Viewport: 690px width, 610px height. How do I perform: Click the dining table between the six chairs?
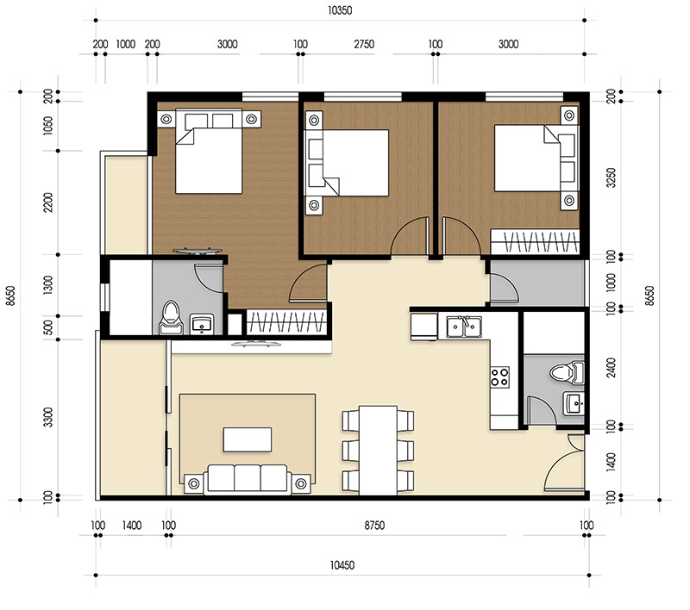click(378, 450)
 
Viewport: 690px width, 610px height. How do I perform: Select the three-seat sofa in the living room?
click(248, 478)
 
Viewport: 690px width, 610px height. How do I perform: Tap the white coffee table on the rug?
click(248, 439)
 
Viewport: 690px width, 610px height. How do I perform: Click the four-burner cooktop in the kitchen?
click(500, 377)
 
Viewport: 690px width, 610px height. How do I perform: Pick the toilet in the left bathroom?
click(170, 317)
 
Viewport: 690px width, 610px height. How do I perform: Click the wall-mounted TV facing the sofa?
click(250, 344)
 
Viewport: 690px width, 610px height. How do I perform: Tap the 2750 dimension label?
click(364, 44)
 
